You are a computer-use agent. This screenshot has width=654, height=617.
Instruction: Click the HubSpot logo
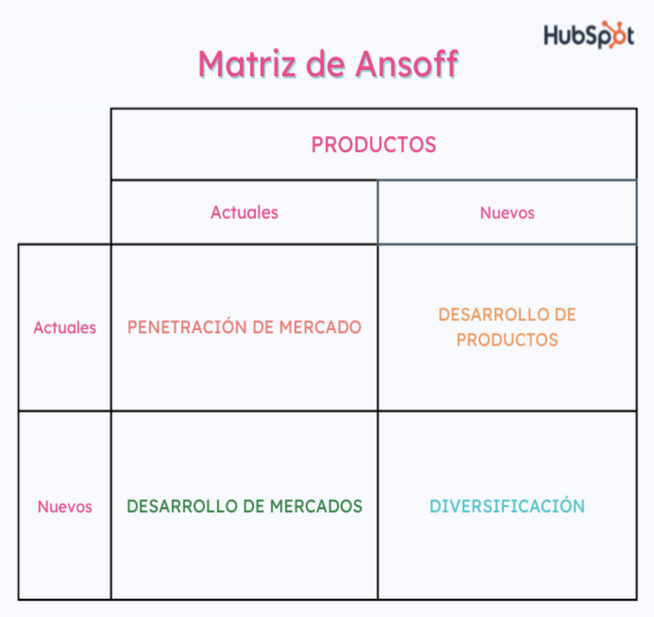click(x=588, y=35)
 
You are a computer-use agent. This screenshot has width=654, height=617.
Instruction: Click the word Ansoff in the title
click(x=406, y=64)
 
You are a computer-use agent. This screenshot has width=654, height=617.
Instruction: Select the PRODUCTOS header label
click(x=374, y=145)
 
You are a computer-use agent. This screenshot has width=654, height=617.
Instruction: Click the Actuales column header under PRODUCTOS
click(x=244, y=213)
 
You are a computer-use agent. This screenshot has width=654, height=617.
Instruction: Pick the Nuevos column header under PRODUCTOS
click(x=507, y=213)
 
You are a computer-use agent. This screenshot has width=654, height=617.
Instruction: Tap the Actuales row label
click(x=65, y=328)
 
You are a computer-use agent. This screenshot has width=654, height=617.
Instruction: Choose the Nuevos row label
click(x=65, y=507)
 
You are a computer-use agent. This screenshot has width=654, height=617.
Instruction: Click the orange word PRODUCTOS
click(x=507, y=340)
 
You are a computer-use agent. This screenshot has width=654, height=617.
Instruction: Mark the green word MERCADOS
click(x=316, y=506)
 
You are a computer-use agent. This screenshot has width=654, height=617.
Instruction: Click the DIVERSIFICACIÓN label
click(x=507, y=506)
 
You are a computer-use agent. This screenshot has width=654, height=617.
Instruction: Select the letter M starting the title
click(x=212, y=64)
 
